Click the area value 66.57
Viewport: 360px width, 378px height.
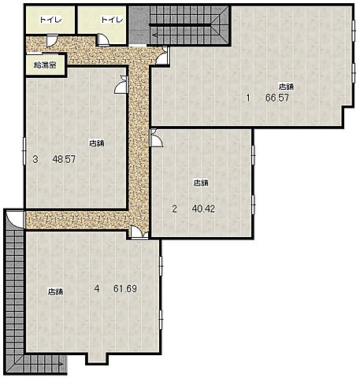click(277, 98)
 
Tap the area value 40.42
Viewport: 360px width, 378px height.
click(203, 209)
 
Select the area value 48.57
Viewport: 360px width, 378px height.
click(64, 159)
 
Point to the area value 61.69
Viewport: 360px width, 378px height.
click(125, 289)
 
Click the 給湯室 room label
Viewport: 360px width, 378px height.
click(45, 65)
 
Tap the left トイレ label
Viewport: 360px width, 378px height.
click(50, 20)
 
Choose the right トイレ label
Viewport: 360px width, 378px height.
click(112, 20)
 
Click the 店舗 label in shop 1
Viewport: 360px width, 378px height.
click(286, 87)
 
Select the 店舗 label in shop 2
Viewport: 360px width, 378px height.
click(201, 183)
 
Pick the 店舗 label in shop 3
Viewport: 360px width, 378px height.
click(97, 143)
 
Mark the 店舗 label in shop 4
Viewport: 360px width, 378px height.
click(55, 291)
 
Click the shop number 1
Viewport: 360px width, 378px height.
click(248, 98)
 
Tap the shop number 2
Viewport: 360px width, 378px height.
click(175, 209)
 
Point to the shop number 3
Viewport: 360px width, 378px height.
click(35, 159)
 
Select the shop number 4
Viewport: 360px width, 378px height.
click(97, 289)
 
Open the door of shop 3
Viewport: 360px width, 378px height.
click(121, 84)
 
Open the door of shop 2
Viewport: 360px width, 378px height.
click(156, 138)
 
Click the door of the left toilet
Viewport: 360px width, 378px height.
click(51, 41)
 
